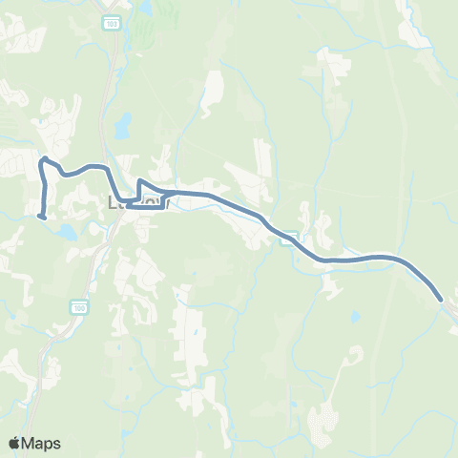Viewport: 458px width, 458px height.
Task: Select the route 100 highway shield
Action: click(79, 307)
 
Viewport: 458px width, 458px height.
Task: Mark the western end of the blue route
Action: click(40, 217)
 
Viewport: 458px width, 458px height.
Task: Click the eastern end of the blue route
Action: click(441, 300)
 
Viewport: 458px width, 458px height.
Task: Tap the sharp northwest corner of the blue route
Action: click(43, 158)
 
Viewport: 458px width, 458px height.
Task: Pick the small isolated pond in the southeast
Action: click(355, 316)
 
